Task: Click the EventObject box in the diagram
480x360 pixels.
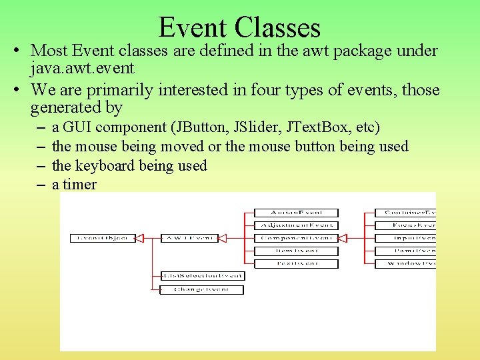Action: click(x=103, y=238)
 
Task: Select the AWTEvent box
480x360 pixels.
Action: click(x=189, y=238)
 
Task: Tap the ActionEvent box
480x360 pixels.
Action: click(x=296, y=213)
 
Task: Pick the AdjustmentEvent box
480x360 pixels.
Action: click(x=296, y=225)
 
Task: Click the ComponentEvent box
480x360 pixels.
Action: click(x=296, y=238)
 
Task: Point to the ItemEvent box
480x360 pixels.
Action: click(x=296, y=251)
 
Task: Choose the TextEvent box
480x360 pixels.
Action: click(x=296, y=263)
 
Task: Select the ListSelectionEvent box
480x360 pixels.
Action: click(x=202, y=276)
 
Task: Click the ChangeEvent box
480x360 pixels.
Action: click(x=202, y=289)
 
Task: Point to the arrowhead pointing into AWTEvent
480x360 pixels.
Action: click(x=223, y=238)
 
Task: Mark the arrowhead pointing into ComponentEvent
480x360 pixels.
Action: click(x=343, y=238)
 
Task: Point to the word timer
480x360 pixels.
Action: click(x=80, y=185)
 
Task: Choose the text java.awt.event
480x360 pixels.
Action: click(x=82, y=68)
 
